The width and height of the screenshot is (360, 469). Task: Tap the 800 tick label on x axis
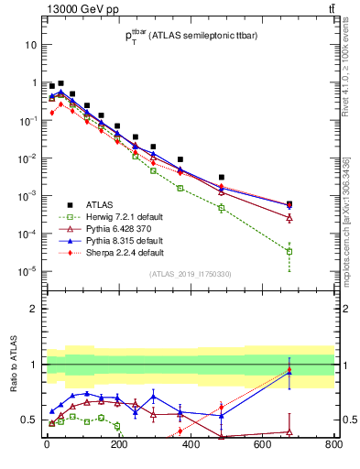tap(333, 446)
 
